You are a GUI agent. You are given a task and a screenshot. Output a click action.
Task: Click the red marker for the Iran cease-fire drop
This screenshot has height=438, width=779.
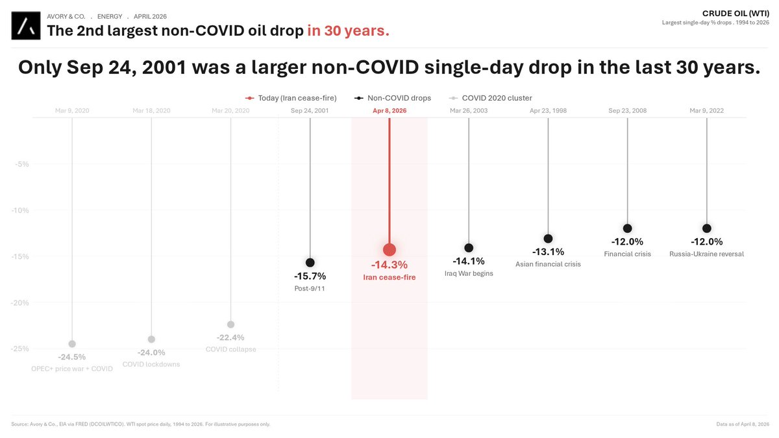pos(389,250)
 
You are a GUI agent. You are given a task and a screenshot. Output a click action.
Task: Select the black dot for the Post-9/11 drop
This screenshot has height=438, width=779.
pos(310,262)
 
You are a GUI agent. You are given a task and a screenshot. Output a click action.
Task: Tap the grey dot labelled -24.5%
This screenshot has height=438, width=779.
pos(72,343)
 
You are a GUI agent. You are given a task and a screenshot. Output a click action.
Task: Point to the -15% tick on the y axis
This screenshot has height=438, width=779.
pos(21,256)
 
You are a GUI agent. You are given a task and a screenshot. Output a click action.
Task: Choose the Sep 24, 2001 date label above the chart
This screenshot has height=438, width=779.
pos(310,111)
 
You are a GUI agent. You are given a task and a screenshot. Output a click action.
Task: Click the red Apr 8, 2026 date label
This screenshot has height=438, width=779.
pos(389,111)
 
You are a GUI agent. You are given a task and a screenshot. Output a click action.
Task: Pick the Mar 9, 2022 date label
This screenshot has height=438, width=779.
pos(706,111)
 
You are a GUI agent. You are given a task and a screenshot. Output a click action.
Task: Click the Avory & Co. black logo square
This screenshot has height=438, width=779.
pos(26,25)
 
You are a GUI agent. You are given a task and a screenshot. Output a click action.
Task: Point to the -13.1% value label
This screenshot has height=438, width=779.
pos(548,252)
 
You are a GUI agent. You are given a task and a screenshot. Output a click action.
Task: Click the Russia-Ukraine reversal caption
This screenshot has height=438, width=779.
pos(706,254)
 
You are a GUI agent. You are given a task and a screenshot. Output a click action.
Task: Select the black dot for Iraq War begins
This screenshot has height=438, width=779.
pos(469,248)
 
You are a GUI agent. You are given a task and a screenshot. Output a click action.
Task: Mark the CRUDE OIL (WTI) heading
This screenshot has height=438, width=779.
pos(736,13)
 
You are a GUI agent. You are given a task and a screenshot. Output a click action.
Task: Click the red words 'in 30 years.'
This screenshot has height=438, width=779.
pos(348,30)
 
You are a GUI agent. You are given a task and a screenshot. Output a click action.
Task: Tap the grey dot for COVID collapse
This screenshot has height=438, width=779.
pos(230,324)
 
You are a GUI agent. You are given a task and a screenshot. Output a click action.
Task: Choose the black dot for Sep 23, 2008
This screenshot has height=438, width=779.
pos(627,228)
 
